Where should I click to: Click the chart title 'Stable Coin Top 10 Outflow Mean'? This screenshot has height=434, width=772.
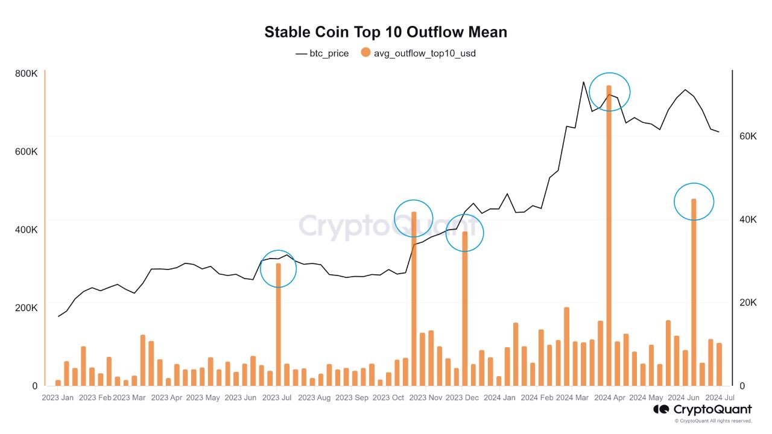pos(385,32)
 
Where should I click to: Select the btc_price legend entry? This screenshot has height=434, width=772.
pos(322,54)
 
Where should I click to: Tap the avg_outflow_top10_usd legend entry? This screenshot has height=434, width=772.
pos(419,53)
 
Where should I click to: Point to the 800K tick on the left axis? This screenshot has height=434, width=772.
pos(26,74)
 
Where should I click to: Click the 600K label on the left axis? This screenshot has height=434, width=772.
pos(26,151)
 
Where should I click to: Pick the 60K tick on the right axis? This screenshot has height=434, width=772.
pos(748,136)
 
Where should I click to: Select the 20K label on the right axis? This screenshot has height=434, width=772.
pos(748,303)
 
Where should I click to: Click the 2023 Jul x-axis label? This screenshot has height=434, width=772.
pos(277,397)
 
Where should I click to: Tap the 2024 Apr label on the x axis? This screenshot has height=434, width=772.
pos(609,397)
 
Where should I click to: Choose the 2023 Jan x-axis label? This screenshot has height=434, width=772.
pos(57,397)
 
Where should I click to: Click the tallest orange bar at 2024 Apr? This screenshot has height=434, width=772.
pos(609,236)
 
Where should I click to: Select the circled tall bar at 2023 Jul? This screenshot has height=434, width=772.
pos(279,324)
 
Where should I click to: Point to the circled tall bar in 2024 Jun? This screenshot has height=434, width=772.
pos(694,292)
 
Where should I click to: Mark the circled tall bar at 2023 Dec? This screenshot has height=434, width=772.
pos(464,309)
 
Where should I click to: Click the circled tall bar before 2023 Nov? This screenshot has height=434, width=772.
pos(414,299)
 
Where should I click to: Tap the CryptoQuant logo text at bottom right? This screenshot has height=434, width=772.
pos(712,409)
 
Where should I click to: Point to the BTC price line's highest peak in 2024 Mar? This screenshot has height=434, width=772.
pos(583,82)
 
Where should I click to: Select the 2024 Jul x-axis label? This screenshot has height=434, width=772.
pos(720,397)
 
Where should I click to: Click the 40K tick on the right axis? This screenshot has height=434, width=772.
pos(748,219)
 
